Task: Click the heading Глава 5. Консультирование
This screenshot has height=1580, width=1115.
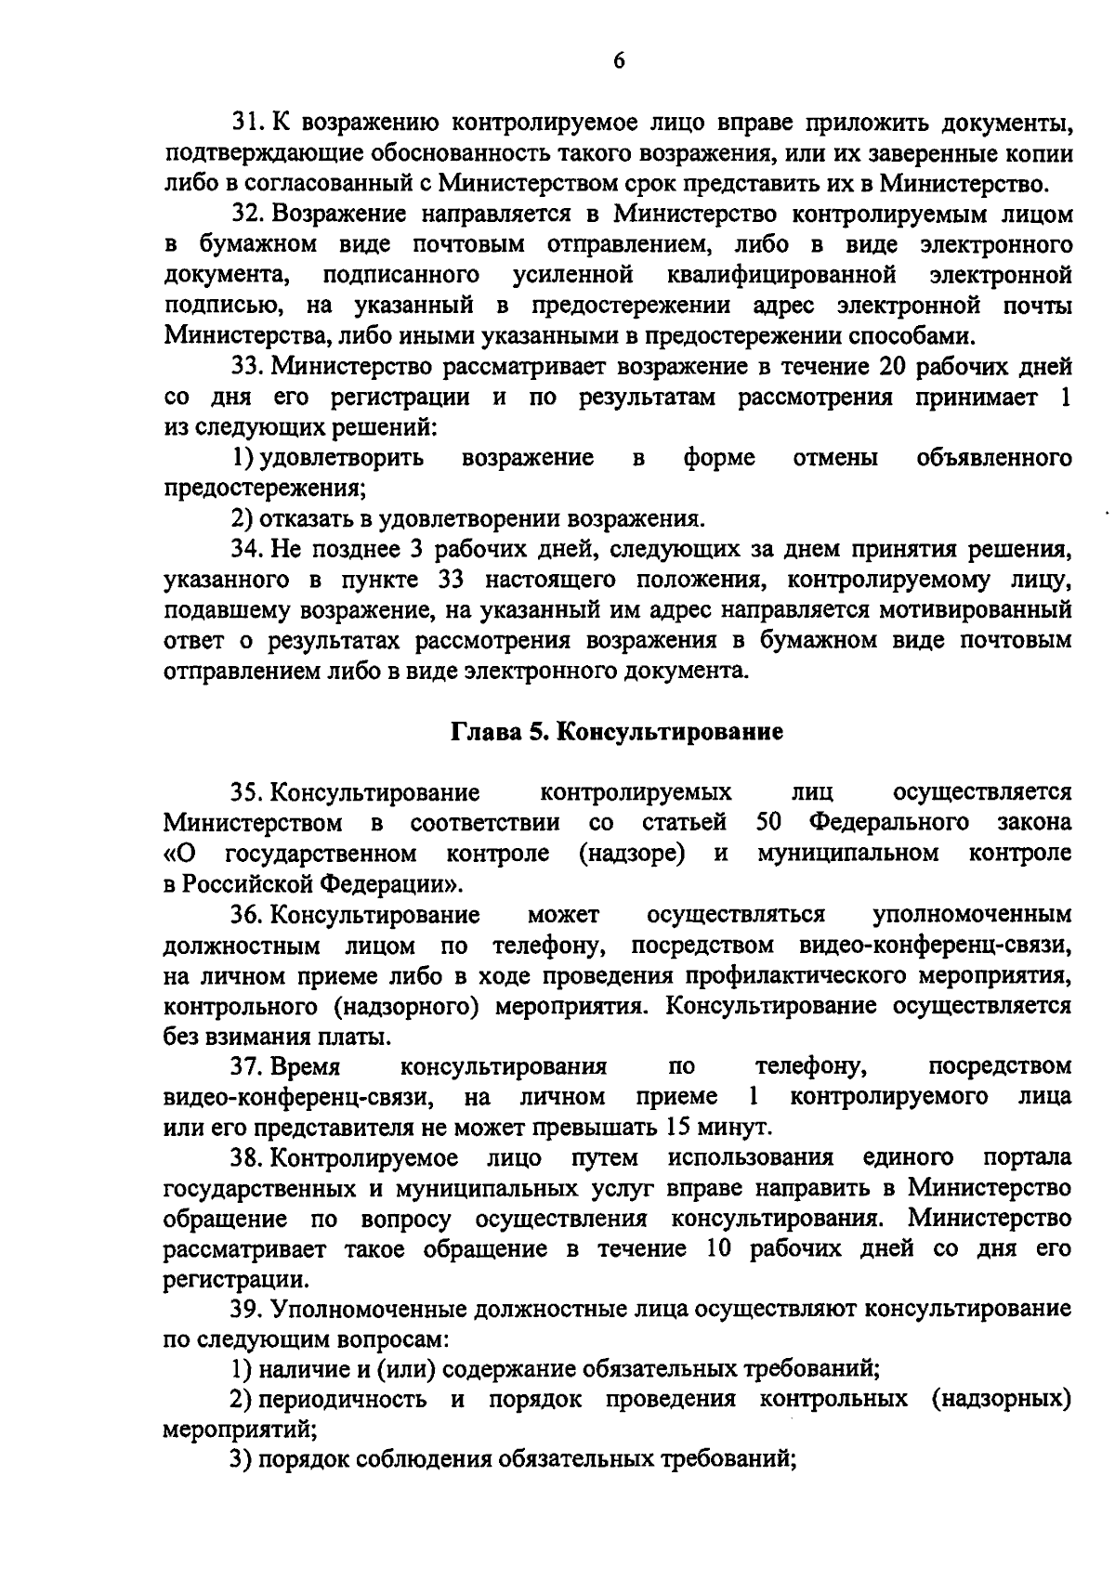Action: (617, 732)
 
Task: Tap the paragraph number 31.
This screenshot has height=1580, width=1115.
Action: (246, 124)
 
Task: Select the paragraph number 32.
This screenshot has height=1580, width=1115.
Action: (247, 215)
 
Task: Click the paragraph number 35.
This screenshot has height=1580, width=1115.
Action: (247, 792)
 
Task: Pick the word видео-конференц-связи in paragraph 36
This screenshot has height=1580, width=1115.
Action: (935, 945)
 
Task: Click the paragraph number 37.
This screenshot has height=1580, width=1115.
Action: (247, 1065)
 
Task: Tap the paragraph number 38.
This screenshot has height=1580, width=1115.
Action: (247, 1157)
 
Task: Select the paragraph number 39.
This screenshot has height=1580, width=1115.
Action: (247, 1309)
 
